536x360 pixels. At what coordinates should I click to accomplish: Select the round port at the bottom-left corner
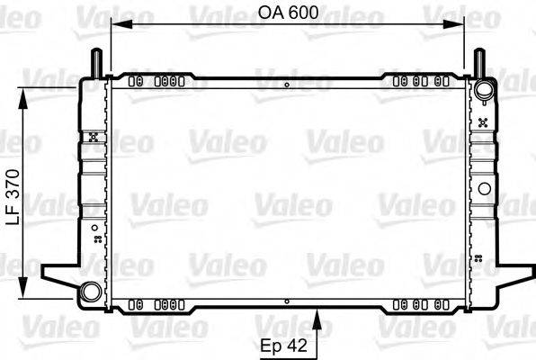pos(91,292)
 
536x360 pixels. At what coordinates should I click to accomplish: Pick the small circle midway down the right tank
pos(486,189)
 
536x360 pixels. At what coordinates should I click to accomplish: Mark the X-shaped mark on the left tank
pos(94,138)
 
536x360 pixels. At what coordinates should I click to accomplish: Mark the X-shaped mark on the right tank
pos(485,121)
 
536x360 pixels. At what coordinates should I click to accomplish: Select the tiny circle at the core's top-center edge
pos(287,85)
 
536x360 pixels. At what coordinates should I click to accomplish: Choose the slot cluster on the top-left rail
pos(154,80)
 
